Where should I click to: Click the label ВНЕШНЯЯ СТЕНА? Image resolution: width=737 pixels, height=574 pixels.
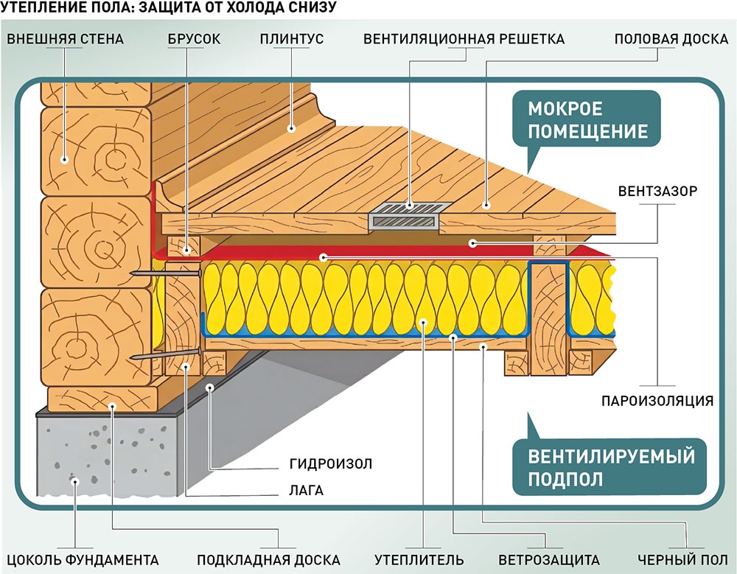(65, 38)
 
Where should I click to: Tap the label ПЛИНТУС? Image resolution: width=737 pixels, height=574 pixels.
(291, 38)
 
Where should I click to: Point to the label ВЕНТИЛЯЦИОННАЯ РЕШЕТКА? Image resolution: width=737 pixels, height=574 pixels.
(464, 38)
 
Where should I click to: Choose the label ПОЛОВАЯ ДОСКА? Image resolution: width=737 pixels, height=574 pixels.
(671, 38)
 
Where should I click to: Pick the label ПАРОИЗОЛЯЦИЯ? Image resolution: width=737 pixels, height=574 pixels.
(657, 402)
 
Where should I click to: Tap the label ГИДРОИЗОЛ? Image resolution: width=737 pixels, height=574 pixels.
(331, 464)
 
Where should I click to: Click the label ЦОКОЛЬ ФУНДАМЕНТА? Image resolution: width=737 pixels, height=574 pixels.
(80, 559)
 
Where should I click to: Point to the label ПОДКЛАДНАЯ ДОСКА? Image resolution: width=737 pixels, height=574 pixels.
(268, 559)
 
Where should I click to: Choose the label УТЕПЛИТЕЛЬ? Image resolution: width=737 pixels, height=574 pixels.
(419, 559)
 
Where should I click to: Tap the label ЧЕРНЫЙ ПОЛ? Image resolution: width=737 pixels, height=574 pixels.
(682, 559)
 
